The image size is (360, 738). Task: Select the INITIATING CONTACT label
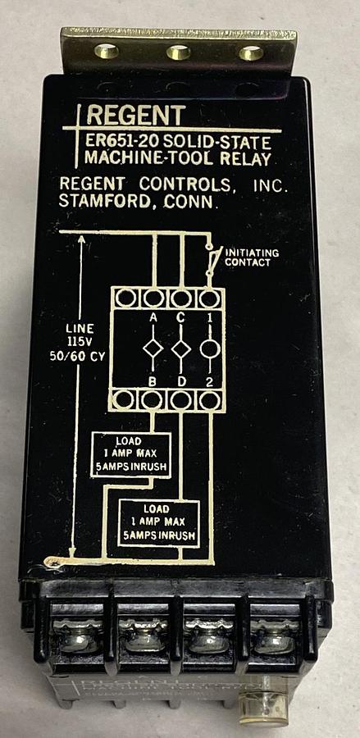(252, 257)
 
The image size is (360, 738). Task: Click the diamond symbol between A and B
(153, 349)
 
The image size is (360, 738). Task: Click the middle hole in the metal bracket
(179, 53)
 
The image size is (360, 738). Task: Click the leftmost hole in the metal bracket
(107, 51)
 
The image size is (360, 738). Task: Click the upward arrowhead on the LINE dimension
(80, 239)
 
